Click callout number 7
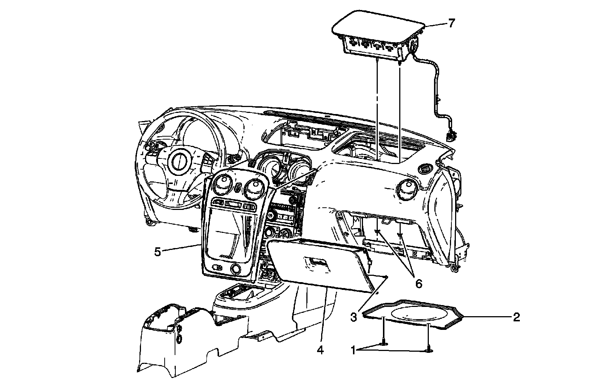(451, 23)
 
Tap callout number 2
(516, 317)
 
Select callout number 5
(158, 252)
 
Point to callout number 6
(418, 284)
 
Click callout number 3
(354, 317)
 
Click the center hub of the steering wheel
(179, 162)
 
